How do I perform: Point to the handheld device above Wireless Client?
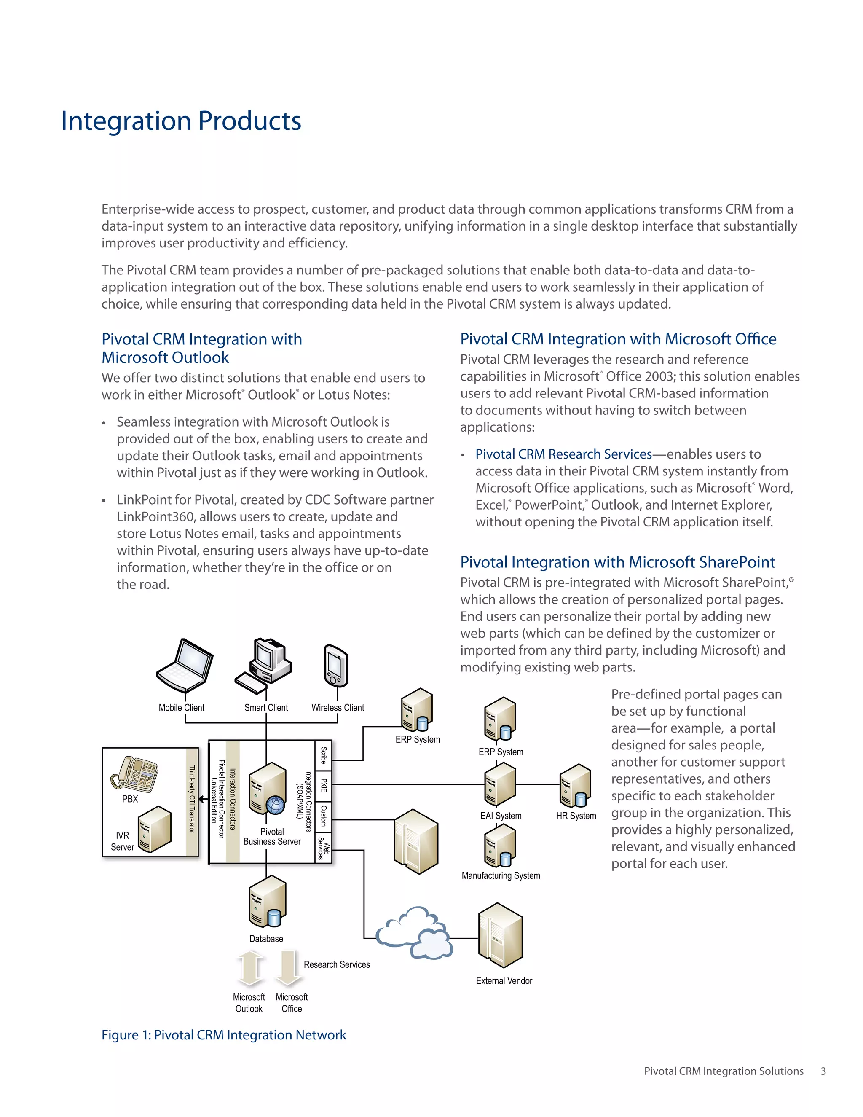[x=336, y=666]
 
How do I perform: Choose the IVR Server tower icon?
[x=154, y=829]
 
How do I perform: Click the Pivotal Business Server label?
[x=272, y=836]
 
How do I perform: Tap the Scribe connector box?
[x=323, y=755]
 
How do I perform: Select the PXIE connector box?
[x=323, y=785]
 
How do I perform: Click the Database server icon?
[x=267, y=901]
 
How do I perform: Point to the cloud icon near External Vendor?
[x=414, y=932]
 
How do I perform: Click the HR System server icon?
[x=576, y=785]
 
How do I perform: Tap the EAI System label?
[x=501, y=816]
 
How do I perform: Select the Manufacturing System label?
[x=501, y=875]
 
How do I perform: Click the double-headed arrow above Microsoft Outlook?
[x=251, y=968]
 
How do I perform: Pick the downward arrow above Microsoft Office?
[x=288, y=968]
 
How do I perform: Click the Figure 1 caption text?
[x=223, y=1035]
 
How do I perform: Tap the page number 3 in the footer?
[x=823, y=1071]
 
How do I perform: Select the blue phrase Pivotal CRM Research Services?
[x=563, y=454]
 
